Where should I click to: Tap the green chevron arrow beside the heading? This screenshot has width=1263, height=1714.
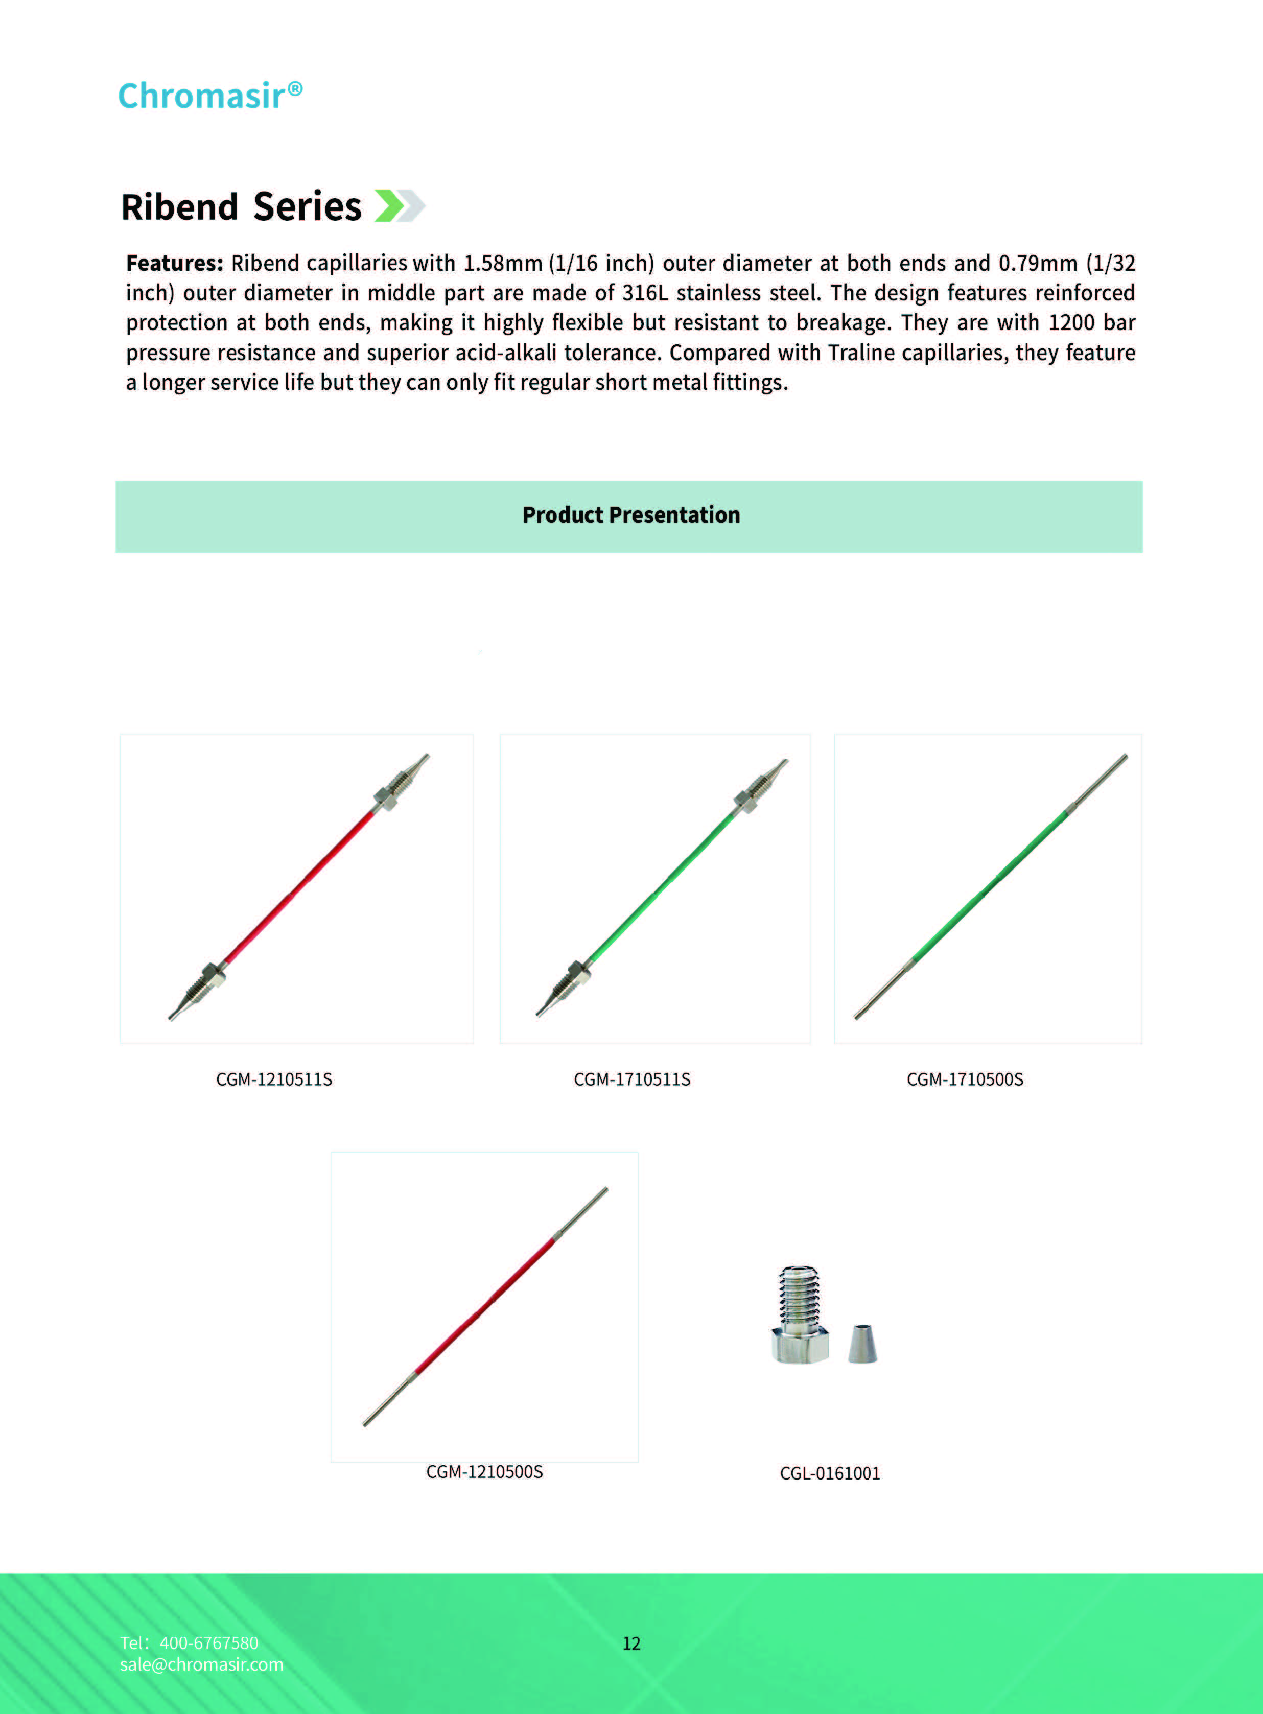[x=390, y=206]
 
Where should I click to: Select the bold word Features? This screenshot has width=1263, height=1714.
[x=174, y=263]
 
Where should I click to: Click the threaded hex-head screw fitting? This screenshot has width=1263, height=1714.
[x=799, y=1315]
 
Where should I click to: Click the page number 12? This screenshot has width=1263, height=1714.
[x=632, y=1643]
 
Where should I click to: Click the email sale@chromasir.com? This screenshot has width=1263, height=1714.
[x=201, y=1664]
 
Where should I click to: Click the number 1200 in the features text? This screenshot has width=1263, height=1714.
[x=1070, y=322]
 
